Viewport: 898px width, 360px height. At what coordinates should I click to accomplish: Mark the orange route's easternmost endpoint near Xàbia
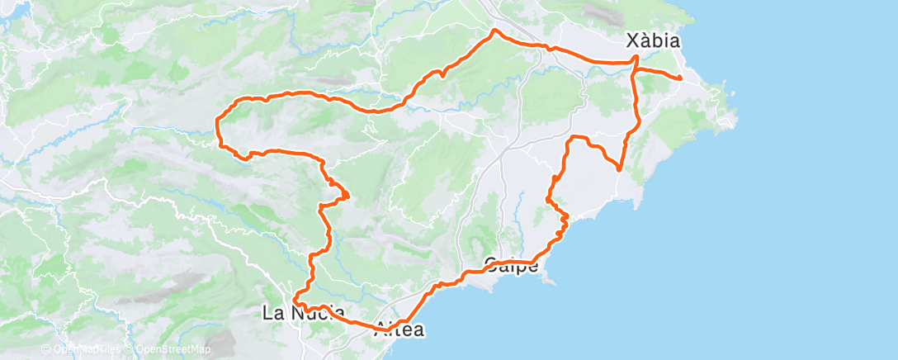click(x=679, y=78)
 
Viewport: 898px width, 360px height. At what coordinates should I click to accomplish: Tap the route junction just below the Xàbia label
click(x=636, y=59)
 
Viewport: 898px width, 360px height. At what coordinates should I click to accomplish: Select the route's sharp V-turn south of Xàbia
click(x=618, y=169)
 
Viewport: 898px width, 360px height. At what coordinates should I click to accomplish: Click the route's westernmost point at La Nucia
click(x=294, y=302)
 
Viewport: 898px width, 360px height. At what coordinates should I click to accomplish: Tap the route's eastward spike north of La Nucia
click(x=348, y=196)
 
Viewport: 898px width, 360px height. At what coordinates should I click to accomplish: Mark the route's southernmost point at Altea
click(x=385, y=331)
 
